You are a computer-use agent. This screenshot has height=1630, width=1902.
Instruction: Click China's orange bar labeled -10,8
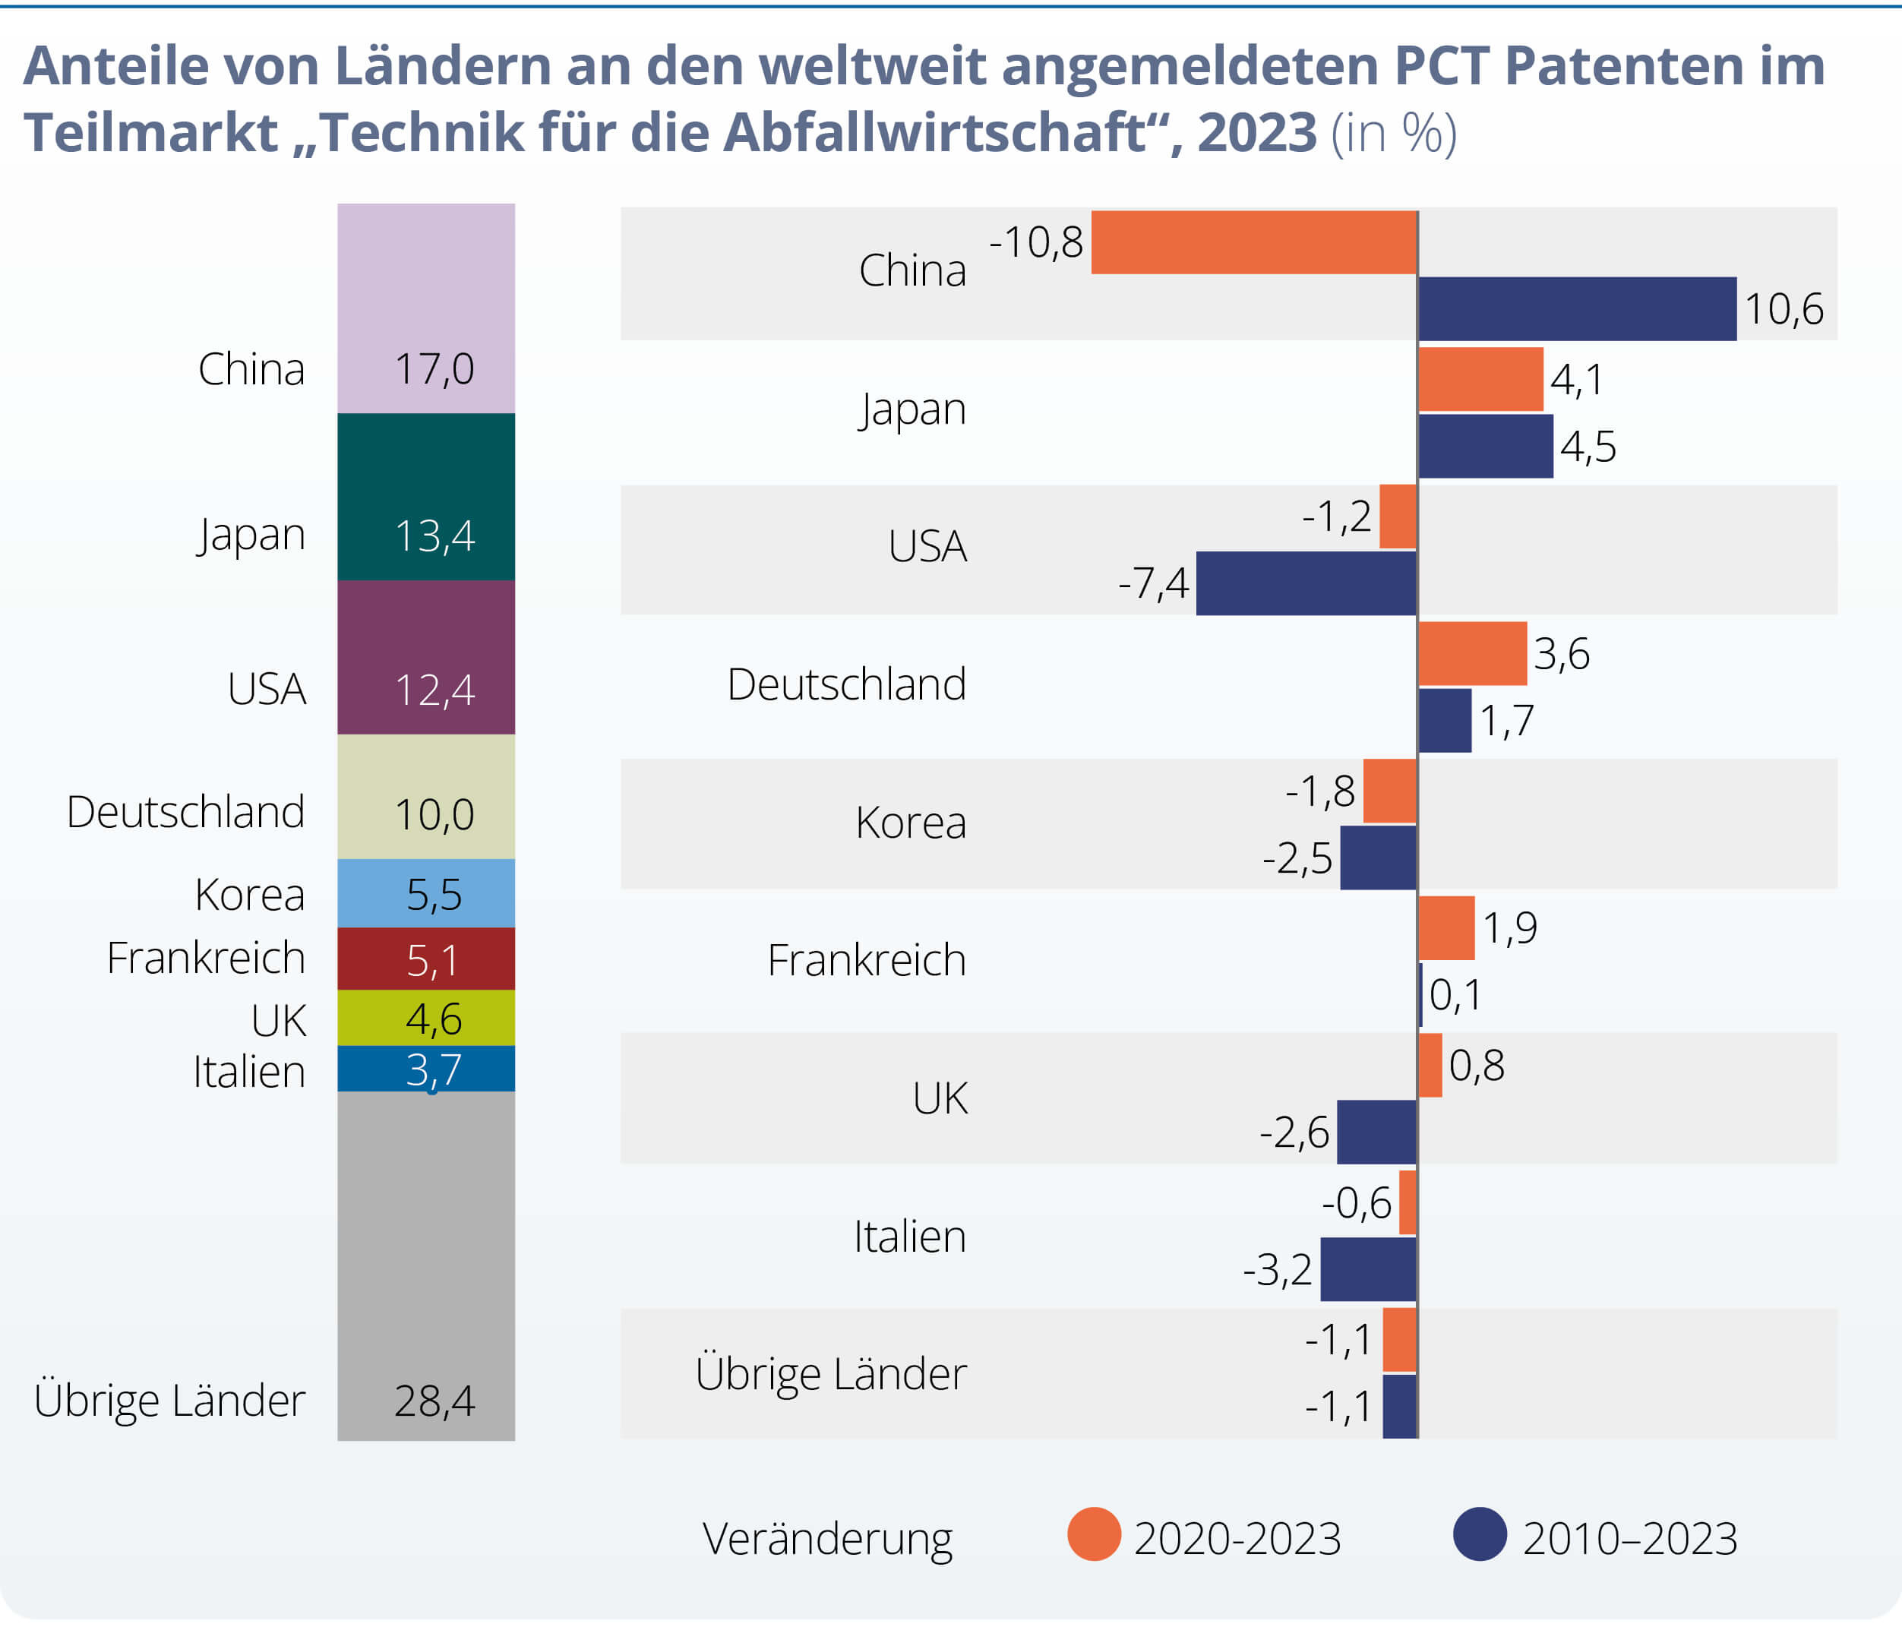click(1254, 242)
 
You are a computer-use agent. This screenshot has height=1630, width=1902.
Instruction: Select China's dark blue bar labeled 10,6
click(1577, 308)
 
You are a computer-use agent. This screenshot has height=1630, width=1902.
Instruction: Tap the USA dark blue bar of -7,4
click(1306, 583)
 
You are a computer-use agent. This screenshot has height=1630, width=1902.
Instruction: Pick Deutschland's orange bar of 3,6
click(1472, 653)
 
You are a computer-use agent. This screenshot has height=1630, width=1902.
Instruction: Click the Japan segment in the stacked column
click(426, 497)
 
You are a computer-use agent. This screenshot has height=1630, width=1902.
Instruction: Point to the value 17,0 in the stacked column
click(434, 369)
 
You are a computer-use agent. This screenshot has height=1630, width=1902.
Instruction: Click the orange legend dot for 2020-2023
click(1093, 1534)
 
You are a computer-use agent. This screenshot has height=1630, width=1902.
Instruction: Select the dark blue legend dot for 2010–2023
click(1480, 1534)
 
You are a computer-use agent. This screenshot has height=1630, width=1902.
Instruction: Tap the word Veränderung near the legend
click(827, 1538)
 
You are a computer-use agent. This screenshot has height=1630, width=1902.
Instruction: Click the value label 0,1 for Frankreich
click(1455, 995)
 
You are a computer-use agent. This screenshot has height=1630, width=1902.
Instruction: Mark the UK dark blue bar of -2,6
click(1377, 1132)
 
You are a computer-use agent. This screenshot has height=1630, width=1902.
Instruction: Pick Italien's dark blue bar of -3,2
click(1369, 1269)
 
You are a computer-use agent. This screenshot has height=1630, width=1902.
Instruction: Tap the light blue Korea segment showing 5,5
click(426, 893)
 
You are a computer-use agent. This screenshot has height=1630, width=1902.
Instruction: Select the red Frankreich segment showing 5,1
click(426, 959)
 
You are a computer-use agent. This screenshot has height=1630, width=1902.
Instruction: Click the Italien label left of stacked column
click(249, 1071)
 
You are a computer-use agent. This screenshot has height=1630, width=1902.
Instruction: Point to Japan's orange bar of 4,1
click(1480, 379)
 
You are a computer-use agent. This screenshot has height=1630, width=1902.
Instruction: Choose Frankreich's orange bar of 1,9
click(1447, 928)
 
